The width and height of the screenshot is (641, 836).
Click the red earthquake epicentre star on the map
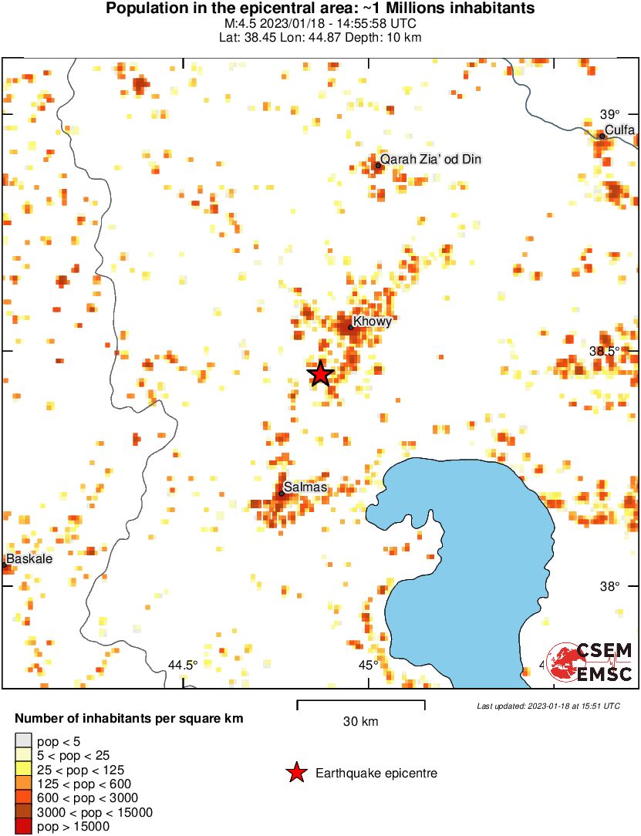point(321,374)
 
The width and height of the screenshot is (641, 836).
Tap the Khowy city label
point(373,321)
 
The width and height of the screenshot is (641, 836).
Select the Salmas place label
point(305,487)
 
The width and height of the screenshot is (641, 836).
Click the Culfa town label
point(619,130)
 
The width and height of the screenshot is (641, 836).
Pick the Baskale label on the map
point(29,558)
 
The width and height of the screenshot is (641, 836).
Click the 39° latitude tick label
point(610,113)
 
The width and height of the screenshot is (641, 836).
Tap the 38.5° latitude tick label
point(605,351)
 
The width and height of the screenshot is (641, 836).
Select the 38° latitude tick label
point(610,586)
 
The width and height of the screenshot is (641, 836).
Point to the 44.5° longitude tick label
point(183,665)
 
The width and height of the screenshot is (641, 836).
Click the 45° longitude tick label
point(368,665)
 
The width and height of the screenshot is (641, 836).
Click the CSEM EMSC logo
point(590,661)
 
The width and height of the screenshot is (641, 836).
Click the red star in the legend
point(295,772)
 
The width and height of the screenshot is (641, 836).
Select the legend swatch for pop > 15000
point(24,826)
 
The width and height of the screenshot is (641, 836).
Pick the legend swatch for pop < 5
point(24,742)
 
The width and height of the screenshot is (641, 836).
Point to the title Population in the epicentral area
point(320,9)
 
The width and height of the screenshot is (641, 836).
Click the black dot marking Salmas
point(282,494)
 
